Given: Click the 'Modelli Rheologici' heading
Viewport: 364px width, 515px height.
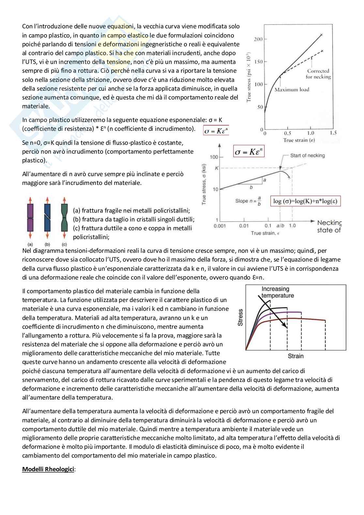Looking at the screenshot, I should point(48,469).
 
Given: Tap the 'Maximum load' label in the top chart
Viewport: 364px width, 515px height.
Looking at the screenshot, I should point(292,90).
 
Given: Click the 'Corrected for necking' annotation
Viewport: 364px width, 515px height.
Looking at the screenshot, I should point(318,74).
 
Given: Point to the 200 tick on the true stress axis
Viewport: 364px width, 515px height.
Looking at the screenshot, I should point(258,39).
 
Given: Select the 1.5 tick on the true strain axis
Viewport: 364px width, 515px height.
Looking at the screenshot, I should point(333,133).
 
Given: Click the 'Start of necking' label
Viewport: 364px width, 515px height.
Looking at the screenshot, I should point(307,155).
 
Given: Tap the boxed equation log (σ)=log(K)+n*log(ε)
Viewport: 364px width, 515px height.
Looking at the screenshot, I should point(305,201).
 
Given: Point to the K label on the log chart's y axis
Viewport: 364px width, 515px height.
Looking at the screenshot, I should point(216,168).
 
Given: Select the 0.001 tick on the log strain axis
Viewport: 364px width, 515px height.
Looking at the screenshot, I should point(220,226).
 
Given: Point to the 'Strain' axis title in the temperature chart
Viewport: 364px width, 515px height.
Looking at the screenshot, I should point(296,356).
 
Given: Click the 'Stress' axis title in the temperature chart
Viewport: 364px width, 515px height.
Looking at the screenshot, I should point(240,317).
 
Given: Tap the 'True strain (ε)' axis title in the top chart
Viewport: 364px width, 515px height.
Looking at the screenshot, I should point(299,140).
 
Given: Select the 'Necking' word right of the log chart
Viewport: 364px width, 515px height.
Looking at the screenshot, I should point(329,223).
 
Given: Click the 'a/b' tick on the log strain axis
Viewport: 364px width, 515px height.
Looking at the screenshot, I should point(280,226).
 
